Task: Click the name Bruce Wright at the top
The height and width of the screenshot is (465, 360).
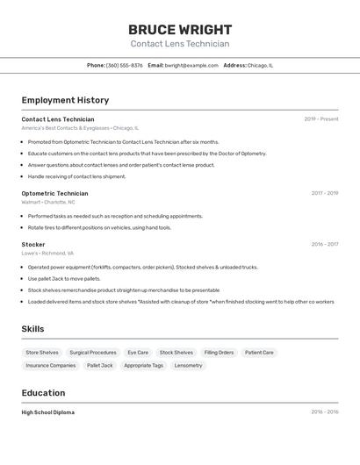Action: [x=180, y=29]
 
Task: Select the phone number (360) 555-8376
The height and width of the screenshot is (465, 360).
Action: [x=125, y=65]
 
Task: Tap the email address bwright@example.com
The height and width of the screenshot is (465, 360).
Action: [x=191, y=65]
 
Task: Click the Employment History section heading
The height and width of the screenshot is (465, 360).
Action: [x=65, y=100]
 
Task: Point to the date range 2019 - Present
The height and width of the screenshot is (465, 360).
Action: [x=321, y=119]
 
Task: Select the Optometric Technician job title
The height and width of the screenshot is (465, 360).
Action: [x=54, y=193]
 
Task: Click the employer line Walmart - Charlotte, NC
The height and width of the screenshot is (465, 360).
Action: [x=48, y=203]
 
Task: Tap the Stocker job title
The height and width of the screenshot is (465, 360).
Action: [x=33, y=245]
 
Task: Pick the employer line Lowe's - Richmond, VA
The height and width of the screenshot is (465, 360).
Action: [x=47, y=254]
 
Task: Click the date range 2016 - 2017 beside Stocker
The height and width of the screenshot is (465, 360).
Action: [x=325, y=245]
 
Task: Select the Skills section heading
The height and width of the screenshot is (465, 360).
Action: [x=32, y=329]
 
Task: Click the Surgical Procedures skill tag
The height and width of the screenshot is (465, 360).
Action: [x=93, y=353]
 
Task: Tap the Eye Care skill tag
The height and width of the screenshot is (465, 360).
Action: [x=138, y=353]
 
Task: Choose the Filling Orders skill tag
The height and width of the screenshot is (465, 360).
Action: [x=219, y=353]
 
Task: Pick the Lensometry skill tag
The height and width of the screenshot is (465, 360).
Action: [x=188, y=365]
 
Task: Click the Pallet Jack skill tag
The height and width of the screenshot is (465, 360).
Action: [x=100, y=365]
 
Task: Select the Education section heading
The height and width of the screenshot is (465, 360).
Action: [x=43, y=393]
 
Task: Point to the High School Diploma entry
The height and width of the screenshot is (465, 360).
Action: [x=48, y=412]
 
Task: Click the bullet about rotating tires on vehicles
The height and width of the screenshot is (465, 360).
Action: [x=99, y=227]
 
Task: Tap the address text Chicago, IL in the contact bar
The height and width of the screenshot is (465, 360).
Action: [x=260, y=65]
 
